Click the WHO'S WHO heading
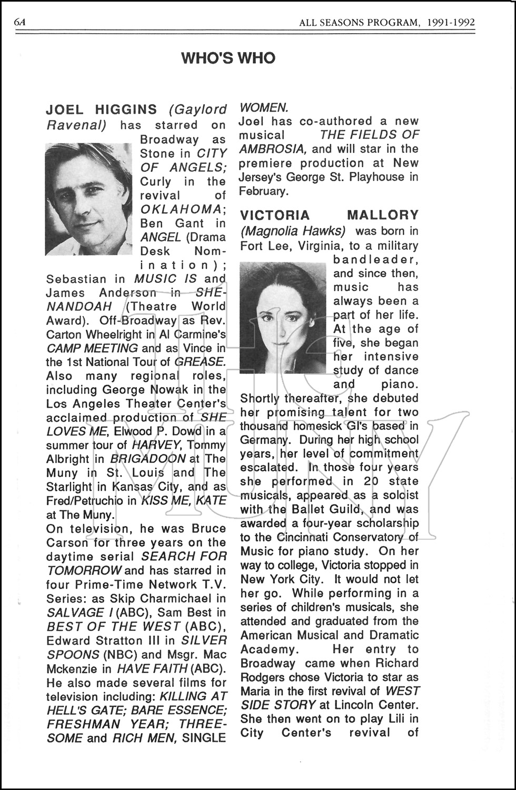click(x=228, y=58)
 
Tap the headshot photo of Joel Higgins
click(x=88, y=199)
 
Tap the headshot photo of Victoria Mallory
click(x=283, y=318)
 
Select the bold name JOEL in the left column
click(x=65, y=110)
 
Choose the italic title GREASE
click(x=199, y=362)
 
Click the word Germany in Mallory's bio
click(x=264, y=440)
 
